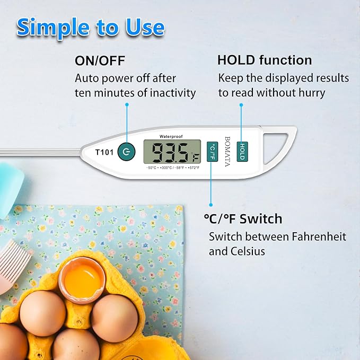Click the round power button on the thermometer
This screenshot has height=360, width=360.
tap(126, 152)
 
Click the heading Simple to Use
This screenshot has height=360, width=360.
tap(91, 28)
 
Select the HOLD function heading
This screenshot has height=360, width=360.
tap(265, 60)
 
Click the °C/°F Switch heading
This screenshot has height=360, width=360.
tap(243, 218)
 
